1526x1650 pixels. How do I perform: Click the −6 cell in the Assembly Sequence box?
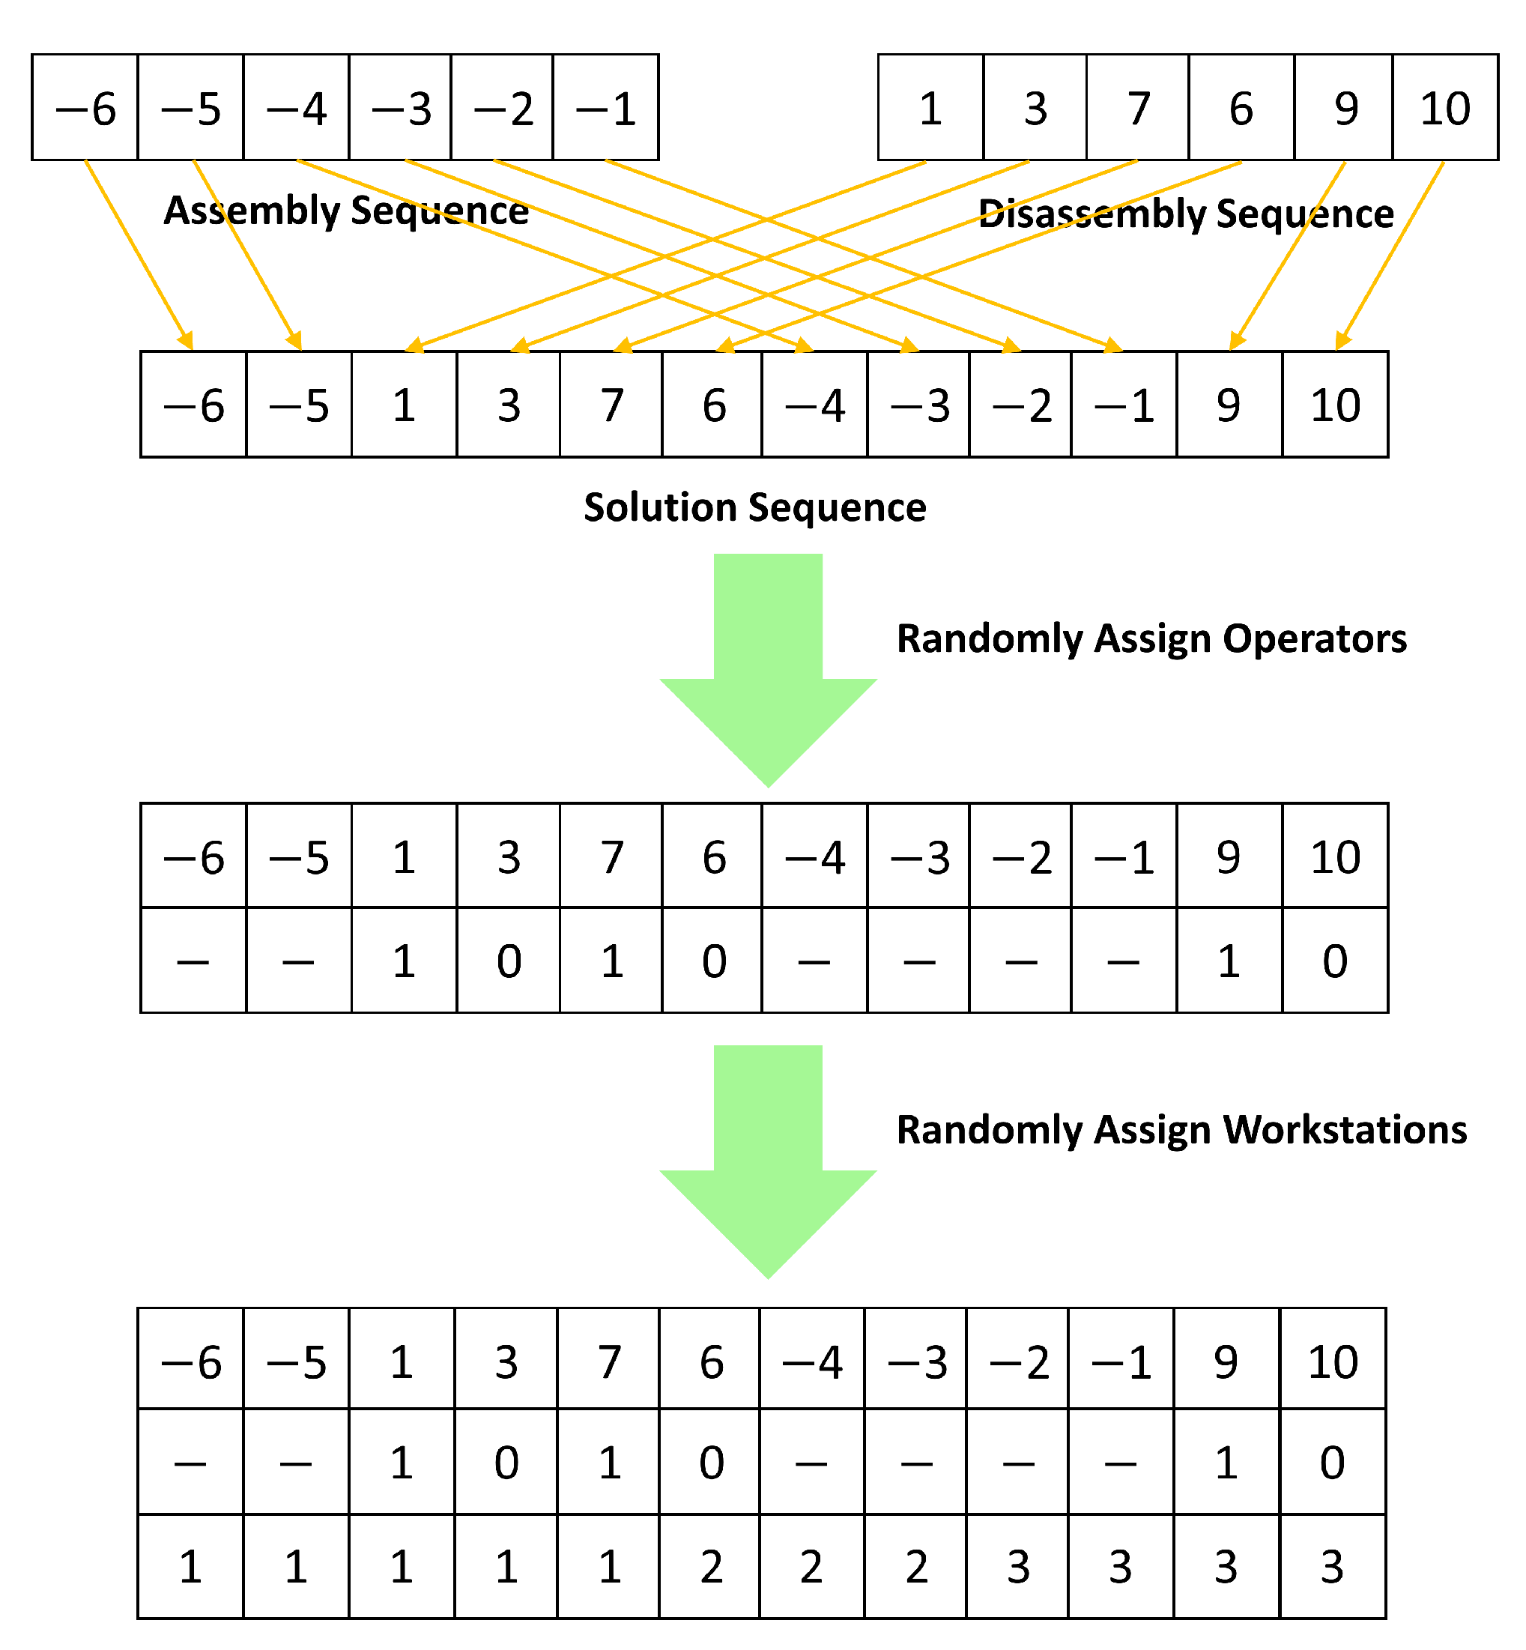(x=85, y=108)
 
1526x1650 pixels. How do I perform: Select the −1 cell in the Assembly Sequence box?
(x=606, y=108)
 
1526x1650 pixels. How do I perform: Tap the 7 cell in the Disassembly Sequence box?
(x=1138, y=108)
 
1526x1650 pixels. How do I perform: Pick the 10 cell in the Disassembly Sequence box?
(x=1445, y=108)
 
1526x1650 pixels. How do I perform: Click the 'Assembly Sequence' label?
(x=346, y=211)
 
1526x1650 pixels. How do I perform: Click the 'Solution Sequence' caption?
(x=754, y=507)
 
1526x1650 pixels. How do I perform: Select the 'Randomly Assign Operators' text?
(x=1151, y=639)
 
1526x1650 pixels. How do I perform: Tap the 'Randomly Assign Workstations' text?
(x=1181, y=1130)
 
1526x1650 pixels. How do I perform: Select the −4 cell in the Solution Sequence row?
(x=815, y=405)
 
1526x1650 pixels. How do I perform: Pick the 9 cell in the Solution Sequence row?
(x=1229, y=405)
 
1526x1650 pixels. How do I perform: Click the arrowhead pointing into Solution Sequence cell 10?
(x=1342, y=342)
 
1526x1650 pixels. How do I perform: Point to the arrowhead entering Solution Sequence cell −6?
(x=187, y=341)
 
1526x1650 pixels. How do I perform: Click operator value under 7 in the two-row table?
(x=611, y=961)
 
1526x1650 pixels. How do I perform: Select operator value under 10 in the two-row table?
(x=1335, y=961)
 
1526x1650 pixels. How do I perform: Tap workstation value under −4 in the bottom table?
(x=812, y=1568)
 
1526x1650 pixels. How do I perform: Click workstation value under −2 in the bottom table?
(x=1018, y=1568)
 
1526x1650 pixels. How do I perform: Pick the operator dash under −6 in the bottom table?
(x=191, y=1464)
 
